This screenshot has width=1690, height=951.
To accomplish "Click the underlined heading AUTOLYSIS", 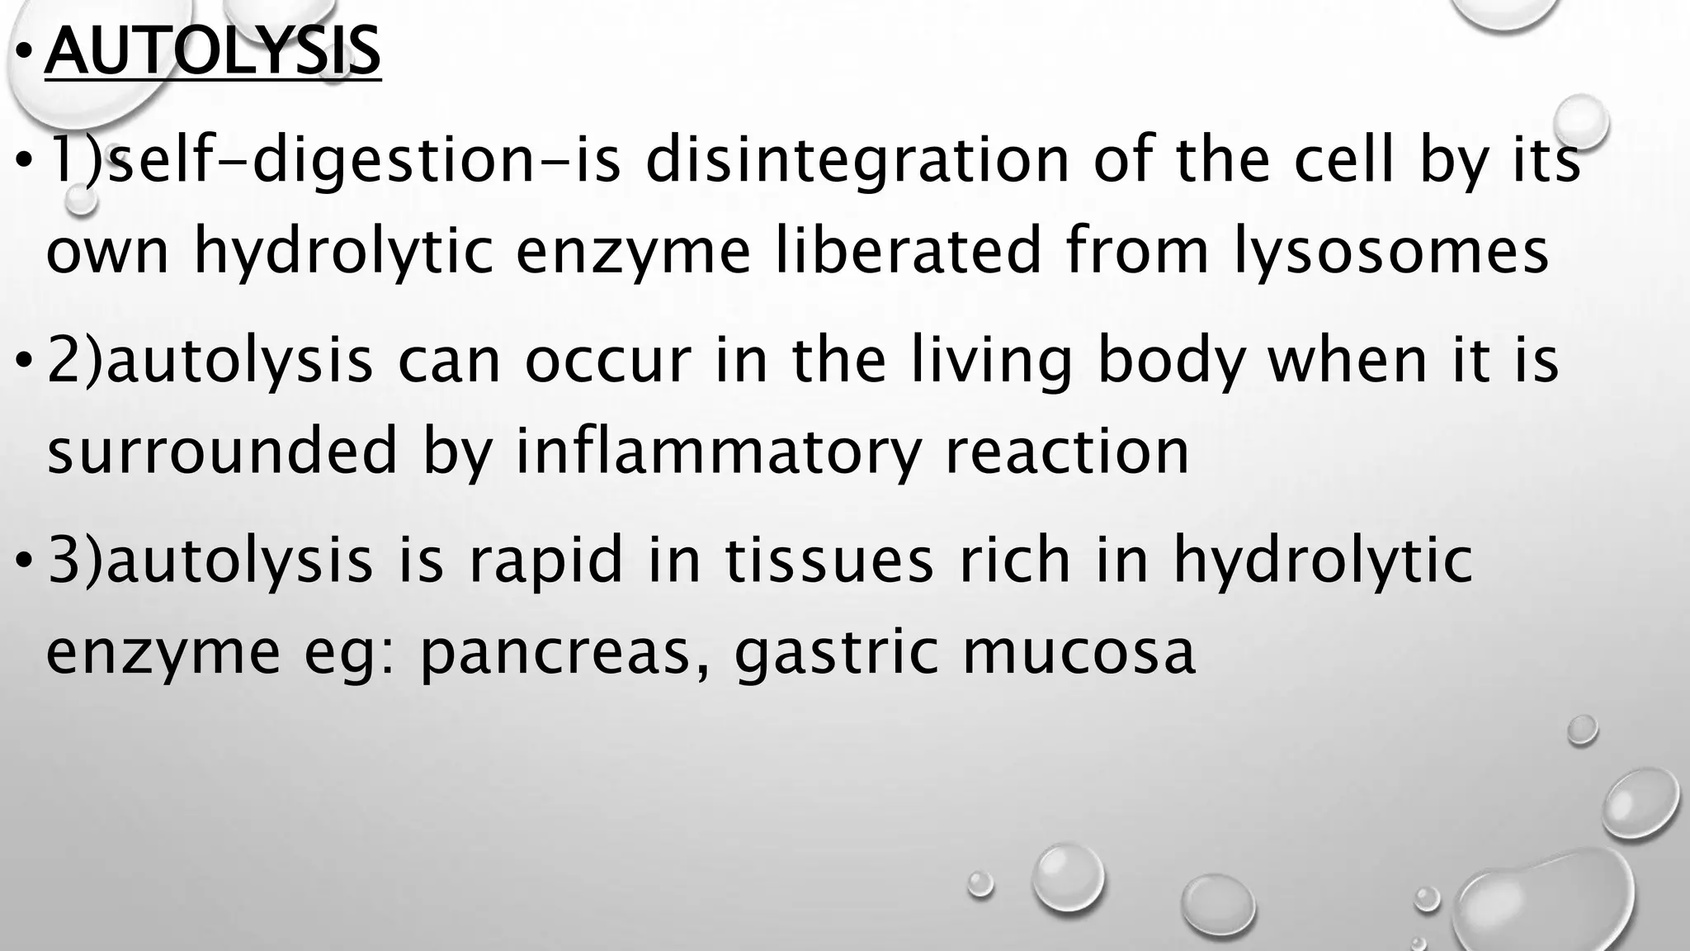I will tap(213, 51).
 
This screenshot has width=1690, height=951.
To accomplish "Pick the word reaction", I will tap(1067, 452).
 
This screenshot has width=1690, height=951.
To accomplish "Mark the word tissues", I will tap(829, 561).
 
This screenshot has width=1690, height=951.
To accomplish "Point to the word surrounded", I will tap(223, 452).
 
